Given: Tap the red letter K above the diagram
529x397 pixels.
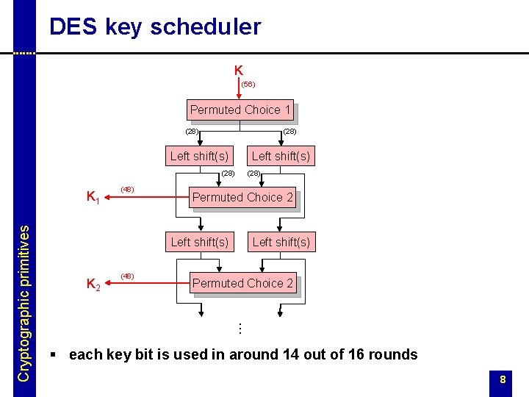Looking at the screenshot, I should pos(239,71).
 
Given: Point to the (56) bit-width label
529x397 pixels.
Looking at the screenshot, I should pos(248,85).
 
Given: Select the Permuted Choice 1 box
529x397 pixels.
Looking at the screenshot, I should pos(240,110).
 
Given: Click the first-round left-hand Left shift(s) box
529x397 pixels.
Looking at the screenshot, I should pos(199,156).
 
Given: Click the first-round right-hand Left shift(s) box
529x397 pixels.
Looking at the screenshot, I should pos(281,156).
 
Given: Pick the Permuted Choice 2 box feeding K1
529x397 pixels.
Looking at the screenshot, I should pos(242,198).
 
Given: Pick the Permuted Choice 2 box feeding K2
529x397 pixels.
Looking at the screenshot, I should pos(242,284).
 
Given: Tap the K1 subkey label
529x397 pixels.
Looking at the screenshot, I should pos(93,197).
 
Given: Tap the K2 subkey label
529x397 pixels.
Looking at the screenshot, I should pos(93,284).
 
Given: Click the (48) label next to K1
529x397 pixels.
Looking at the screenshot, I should pos(127,190).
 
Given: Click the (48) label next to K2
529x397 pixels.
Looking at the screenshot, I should pos(127,276).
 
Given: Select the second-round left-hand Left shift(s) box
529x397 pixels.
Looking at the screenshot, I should pos(199,242).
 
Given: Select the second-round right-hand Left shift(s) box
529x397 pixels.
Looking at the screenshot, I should pos(281,242).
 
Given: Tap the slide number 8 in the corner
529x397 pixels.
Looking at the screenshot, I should pos(503,380).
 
